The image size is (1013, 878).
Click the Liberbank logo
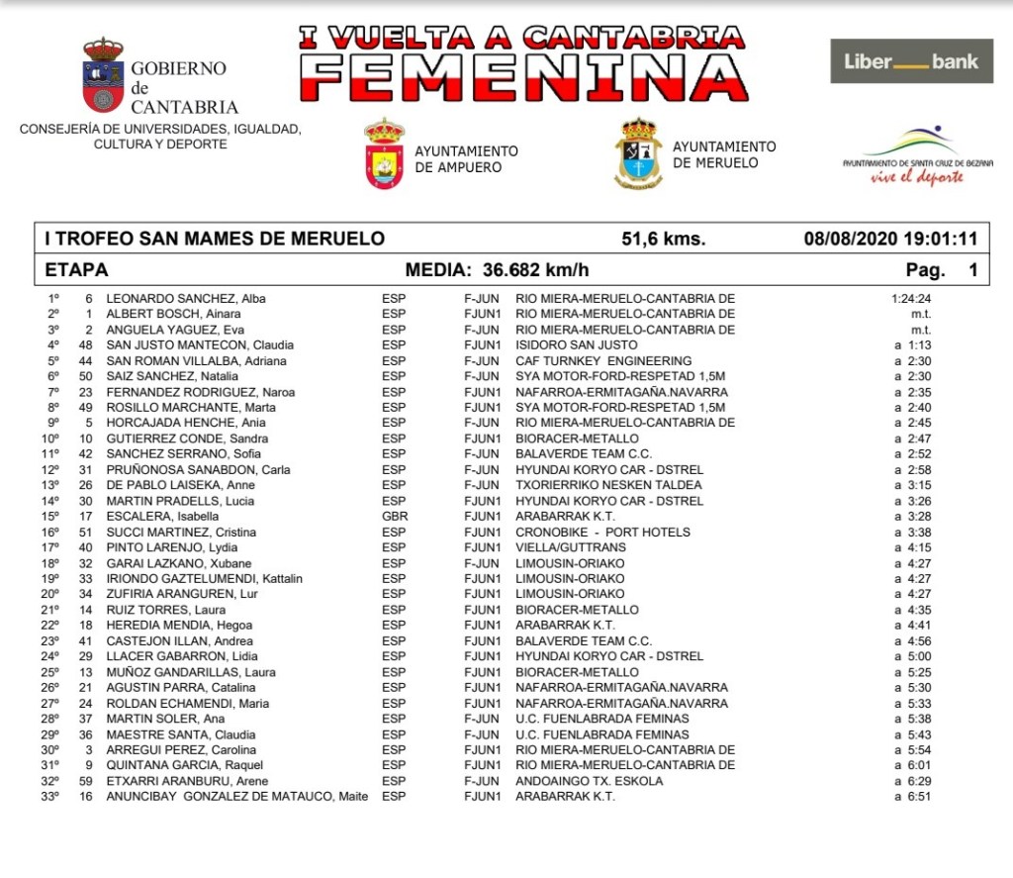[x=911, y=61]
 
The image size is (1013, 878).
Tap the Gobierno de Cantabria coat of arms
[x=103, y=75]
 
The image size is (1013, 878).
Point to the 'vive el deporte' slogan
[x=917, y=178]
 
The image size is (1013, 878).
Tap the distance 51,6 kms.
[x=663, y=239]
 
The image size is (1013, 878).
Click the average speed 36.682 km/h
[x=535, y=270]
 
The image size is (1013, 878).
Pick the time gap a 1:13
[x=912, y=345]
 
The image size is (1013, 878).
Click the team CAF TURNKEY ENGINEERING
[x=603, y=361]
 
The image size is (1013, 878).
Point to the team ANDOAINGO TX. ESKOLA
[x=590, y=781]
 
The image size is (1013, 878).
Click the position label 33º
[x=51, y=797]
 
